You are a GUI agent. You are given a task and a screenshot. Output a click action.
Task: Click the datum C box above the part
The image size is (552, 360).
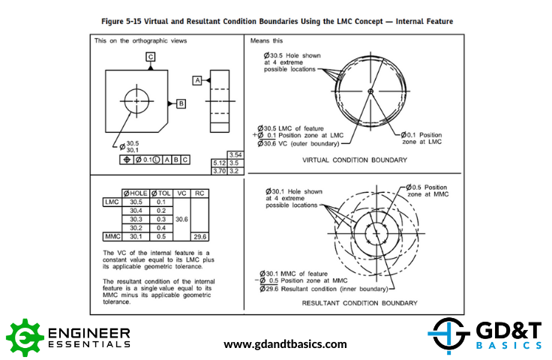[x=151, y=56]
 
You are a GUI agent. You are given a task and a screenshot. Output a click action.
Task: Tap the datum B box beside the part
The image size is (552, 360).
[x=181, y=103]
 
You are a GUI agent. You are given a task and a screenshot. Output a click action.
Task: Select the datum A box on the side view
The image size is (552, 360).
[x=197, y=79]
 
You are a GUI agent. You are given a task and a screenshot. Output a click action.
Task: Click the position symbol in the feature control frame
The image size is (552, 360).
[x=127, y=159]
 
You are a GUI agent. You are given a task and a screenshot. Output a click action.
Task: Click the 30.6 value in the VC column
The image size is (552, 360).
[x=181, y=219]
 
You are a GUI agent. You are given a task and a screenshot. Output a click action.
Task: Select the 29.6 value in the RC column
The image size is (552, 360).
[x=199, y=236]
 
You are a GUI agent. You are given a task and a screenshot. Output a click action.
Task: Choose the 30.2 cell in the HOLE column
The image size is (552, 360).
[x=136, y=227]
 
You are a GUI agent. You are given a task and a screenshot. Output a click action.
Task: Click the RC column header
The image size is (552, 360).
[x=199, y=193]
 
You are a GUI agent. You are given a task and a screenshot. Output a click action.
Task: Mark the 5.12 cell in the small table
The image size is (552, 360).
[x=219, y=162]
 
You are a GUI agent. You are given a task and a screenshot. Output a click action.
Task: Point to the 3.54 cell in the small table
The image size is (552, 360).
[x=235, y=154]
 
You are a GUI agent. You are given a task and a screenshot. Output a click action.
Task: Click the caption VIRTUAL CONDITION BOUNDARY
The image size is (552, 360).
[x=355, y=160]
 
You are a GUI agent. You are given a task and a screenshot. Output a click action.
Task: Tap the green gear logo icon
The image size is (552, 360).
[x=25, y=337]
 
